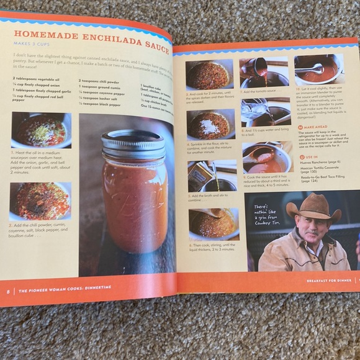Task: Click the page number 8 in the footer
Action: [x=8, y=290]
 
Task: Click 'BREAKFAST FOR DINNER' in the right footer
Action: [x=328, y=281]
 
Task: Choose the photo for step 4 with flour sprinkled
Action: [x=210, y=124]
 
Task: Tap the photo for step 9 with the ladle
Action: [x=267, y=158]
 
